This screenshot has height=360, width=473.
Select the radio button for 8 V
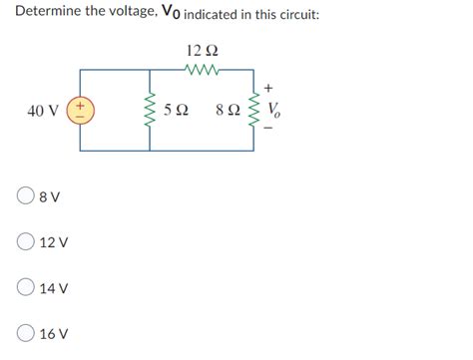point(24,196)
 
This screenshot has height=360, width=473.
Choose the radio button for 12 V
point(24,242)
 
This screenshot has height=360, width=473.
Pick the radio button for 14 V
point(24,288)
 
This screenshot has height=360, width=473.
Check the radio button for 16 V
point(24,334)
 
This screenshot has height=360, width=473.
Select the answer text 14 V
point(54,289)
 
